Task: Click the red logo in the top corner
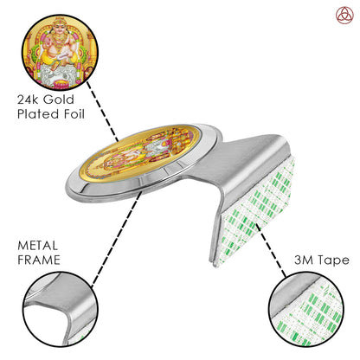pyautogui.click(x=344, y=16)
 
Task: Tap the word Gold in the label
pyautogui.click(x=59, y=100)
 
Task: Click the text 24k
pyautogui.click(x=29, y=100)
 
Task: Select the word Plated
pyautogui.click(x=38, y=114)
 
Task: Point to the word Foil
pyautogui.click(x=74, y=114)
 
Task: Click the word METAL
pyautogui.click(x=38, y=246)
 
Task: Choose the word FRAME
pyautogui.click(x=39, y=260)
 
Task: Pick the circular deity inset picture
pyautogui.click(x=60, y=52)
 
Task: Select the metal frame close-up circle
pyautogui.click(x=60, y=309)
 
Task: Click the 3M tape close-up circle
pyautogui.click(x=305, y=309)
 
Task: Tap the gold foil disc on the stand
pyautogui.click(x=139, y=154)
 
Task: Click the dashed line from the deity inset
pyautogui.click(x=102, y=112)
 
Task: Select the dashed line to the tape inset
pyautogui.click(x=272, y=250)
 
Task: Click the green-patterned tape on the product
pyautogui.click(x=255, y=210)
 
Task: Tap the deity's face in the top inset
pyautogui.click(x=60, y=28)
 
